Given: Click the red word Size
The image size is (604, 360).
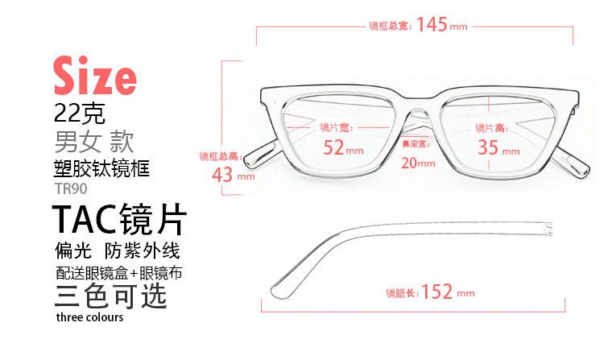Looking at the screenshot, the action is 94,76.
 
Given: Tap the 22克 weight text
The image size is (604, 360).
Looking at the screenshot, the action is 80,110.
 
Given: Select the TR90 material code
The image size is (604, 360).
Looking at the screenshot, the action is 71,188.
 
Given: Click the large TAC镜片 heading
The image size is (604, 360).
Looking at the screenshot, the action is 119,220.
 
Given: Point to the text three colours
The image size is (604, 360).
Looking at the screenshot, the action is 89,317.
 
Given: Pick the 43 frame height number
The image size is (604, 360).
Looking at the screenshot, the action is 223,174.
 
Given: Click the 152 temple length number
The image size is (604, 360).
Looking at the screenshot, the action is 436,292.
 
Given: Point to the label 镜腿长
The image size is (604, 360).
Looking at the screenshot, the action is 402,293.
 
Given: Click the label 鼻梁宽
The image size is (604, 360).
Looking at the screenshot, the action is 416,144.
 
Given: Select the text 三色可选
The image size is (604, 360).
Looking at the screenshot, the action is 110,296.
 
